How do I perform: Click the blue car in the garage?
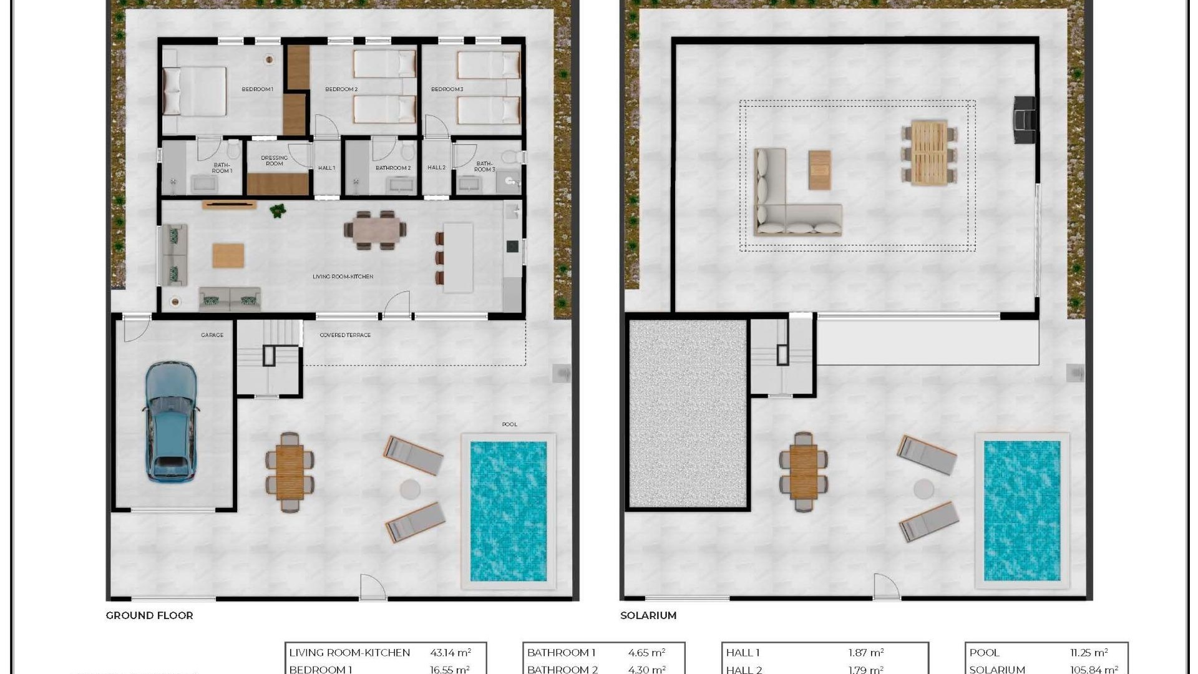coord(170,422)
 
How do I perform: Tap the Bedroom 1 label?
coord(257,89)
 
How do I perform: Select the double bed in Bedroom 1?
coord(195,92)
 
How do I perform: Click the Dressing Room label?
coord(275,160)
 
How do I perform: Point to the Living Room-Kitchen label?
coord(343,276)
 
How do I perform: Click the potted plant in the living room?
coord(278,211)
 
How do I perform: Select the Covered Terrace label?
coord(345,335)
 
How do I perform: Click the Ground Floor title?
coord(149,615)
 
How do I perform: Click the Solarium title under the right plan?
coord(648,615)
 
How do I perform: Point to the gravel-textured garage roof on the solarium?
coord(688,413)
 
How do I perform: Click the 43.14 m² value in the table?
coord(450,653)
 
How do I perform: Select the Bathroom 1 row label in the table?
coord(561,653)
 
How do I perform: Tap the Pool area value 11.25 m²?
coord(1088,653)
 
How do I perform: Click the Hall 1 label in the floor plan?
coord(326,168)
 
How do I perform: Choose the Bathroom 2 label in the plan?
coord(392,168)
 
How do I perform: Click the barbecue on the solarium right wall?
coord(1024,120)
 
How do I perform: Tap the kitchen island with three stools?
coord(458,257)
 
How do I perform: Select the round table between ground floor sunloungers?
coord(410,489)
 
